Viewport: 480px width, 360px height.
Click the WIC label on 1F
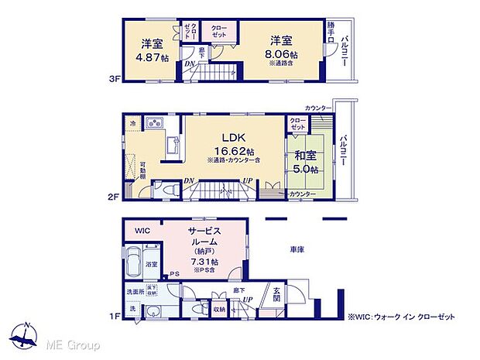(142, 231)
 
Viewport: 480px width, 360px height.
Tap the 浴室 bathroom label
(152, 265)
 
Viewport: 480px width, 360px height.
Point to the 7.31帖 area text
(205, 262)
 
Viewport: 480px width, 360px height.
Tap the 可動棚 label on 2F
(143, 169)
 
